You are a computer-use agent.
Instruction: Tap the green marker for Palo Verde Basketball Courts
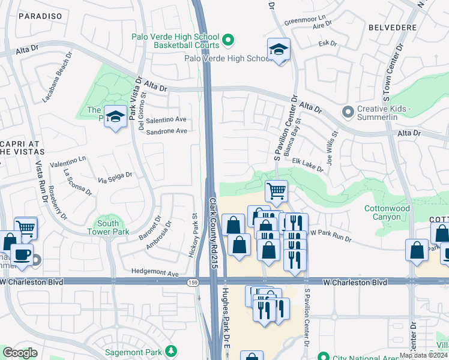(x=228, y=41)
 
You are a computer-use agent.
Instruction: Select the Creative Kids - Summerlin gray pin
(x=347, y=112)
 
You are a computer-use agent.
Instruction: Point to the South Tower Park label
(x=107, y=227)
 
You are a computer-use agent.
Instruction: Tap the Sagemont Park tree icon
(x=172, y=350)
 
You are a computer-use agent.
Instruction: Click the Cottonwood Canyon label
(x=387, y=213)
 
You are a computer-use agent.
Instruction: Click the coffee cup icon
(x=22, y=254)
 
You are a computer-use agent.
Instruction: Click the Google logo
(x=20, y=353)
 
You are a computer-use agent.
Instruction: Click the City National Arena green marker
(x=324, y=356)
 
